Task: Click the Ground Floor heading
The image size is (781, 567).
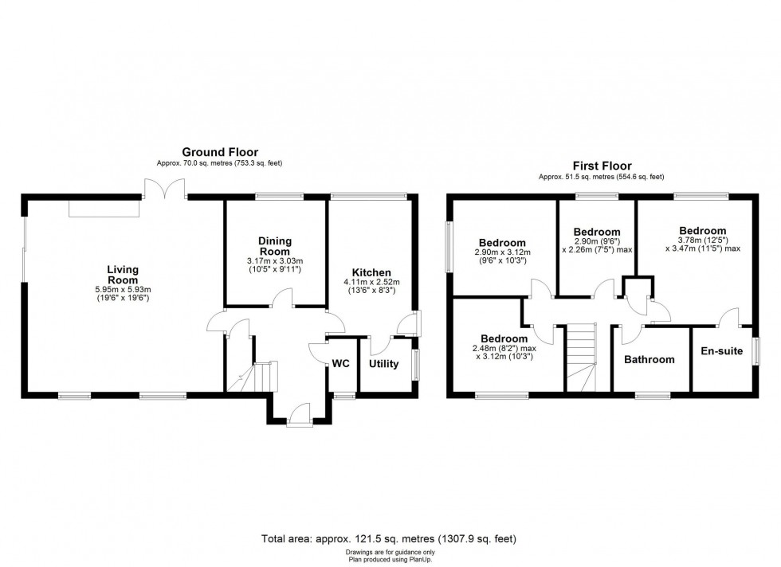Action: tap(220, 152)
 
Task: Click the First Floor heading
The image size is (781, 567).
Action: tap(602, 166)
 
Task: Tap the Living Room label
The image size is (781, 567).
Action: tap(123, 275)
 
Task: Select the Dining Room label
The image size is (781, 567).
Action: tap(275, 246)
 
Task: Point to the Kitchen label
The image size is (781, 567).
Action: tap(371, 273)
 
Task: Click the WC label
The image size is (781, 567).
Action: tap(341, 364)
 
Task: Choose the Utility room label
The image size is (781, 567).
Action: tap(383, 364)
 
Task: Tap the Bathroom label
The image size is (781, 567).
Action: tap(649, 359)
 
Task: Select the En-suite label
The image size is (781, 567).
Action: tap(722, 351)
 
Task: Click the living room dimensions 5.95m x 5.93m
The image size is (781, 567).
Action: tap(123, 290)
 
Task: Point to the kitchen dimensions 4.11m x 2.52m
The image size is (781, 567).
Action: tap(371, 282)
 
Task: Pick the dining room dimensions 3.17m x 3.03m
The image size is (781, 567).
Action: tap(275, 261)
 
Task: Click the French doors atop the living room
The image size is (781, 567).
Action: tap(166, 190)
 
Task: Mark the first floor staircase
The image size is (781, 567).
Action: tap(581, 357)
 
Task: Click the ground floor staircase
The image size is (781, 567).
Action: tap(253, 377)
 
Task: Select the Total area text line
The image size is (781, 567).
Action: tap(389, 538)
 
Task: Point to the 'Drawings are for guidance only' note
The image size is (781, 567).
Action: tap(390, 552)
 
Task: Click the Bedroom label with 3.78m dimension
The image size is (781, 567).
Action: tap(702, 231)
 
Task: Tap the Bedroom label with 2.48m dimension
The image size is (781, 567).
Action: tap(504, 339)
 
